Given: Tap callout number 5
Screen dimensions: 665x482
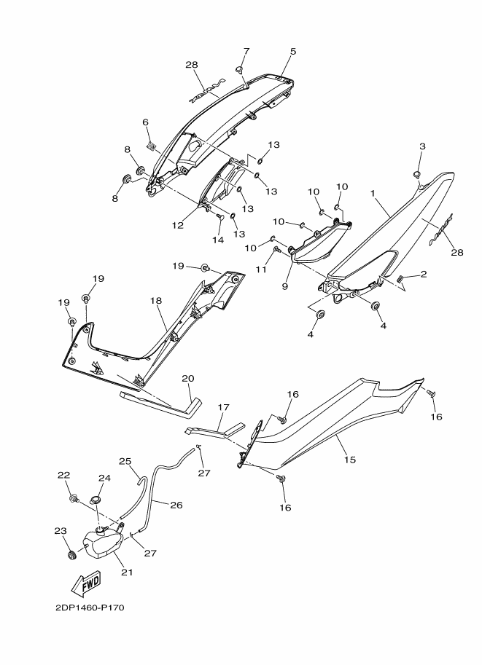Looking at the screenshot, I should point(293,52).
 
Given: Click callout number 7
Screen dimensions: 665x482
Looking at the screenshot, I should point(246,51).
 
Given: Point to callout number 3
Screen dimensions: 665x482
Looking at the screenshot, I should point(421,147).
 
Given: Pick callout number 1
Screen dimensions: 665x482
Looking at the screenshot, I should point(373,194).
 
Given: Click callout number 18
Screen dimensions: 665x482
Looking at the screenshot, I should point(155,300).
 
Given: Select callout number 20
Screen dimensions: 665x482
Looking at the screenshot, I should point(188,378).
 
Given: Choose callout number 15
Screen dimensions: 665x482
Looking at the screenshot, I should point(349,460).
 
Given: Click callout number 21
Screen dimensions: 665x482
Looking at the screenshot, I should point(126,572).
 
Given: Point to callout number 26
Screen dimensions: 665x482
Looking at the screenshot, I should point(176,503).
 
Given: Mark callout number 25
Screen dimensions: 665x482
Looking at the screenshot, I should point(125,461).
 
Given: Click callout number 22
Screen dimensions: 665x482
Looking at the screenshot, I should point(63,475).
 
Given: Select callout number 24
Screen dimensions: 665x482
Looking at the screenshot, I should point(104,479).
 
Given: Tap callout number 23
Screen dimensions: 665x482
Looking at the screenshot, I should point(60,531).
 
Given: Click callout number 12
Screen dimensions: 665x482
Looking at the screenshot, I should point(178,225).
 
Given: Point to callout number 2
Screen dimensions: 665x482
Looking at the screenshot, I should point(423,274).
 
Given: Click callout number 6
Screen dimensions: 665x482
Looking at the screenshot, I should point(145,122).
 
